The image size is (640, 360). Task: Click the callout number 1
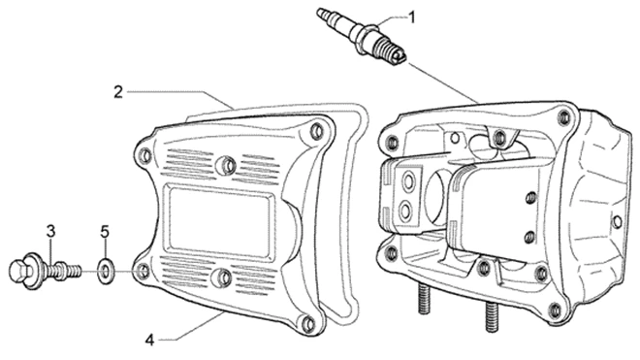click(412, 17)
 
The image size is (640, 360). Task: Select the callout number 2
click(118, 92)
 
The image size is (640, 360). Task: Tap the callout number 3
click(50, 231)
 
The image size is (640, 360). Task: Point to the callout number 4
click(150, 340)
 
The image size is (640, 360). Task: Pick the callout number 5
click(105, 232)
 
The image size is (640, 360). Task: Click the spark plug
click(362, 37)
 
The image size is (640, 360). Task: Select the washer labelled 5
click(106, 271)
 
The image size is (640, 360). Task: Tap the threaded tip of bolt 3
click(75, 270)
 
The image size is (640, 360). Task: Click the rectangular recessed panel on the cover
click(220, 221)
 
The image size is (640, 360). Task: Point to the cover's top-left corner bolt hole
click(144, 155)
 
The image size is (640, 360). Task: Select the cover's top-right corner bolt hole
click(316, 131)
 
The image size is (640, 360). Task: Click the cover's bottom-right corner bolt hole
click(309, 324)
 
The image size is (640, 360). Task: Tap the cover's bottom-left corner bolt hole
click(143, 271)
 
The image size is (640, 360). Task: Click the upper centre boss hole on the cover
click(226, 165)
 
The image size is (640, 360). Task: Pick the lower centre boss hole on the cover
click(223, 277)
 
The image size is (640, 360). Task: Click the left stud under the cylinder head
click(424, 298)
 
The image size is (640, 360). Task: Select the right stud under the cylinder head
click(492, 316)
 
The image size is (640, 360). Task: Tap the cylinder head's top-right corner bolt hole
click(564, 116)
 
